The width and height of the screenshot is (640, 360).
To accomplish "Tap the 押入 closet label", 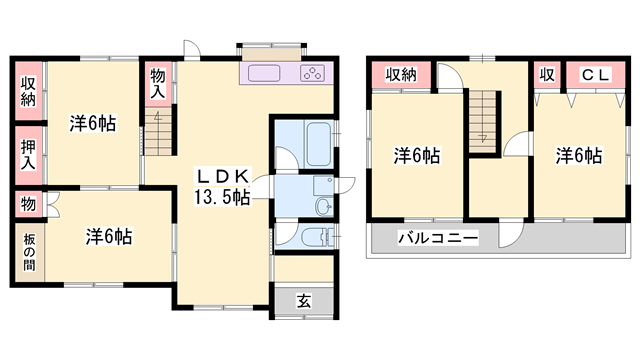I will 29,153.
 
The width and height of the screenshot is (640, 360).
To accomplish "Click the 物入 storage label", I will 158,82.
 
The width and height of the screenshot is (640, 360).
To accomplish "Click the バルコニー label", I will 437,238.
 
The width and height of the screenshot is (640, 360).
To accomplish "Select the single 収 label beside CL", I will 547,73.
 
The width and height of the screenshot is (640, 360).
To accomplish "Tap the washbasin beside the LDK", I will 323,205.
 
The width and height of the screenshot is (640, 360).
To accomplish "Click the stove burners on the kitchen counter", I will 311,74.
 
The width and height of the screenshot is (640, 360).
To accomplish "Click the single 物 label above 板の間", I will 29,203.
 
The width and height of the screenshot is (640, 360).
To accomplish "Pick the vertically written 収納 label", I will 29,92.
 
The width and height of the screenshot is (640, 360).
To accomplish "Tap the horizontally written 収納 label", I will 400,74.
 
